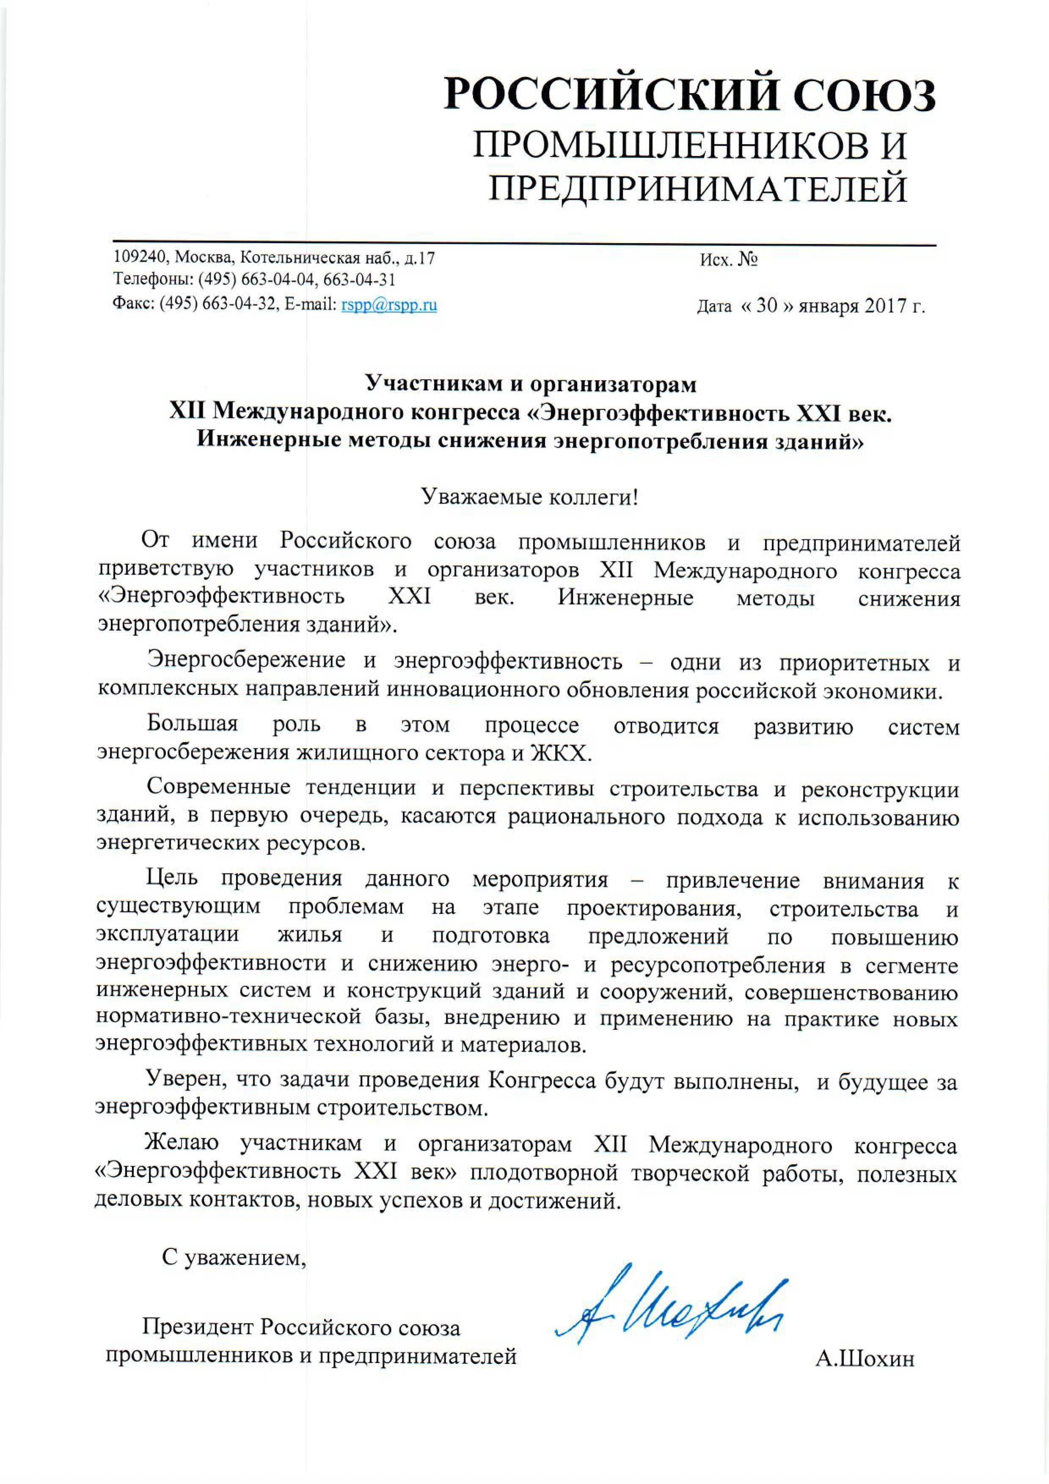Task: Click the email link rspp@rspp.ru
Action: tap(389, 305)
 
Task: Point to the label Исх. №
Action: tap(728, 260)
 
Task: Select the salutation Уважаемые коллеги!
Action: tap(530, 496)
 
